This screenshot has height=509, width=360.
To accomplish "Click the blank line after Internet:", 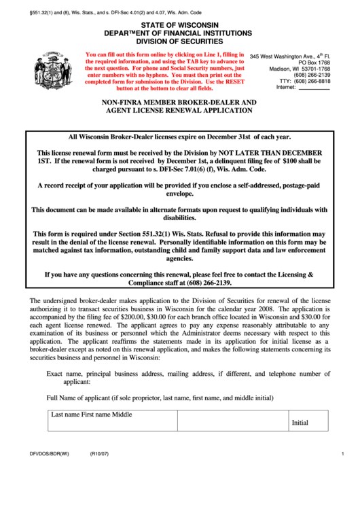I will pyautogui.click(x=314, y=88).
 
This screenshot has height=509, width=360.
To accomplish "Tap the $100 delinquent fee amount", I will pyautogui.click(x=290, y=162).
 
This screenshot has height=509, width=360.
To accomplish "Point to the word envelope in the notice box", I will pyautogui.click(x=179, y=194).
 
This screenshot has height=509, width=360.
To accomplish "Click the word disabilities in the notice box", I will pyautogui.click(x=179, y=218).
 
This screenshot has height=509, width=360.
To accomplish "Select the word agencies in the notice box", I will pyautogui.click(x=179, y=258).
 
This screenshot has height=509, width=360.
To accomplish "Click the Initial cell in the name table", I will pyautogui.click(x=300, y=422).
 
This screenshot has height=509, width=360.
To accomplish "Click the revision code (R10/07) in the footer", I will pyautogui.click(x=100, y=454).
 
